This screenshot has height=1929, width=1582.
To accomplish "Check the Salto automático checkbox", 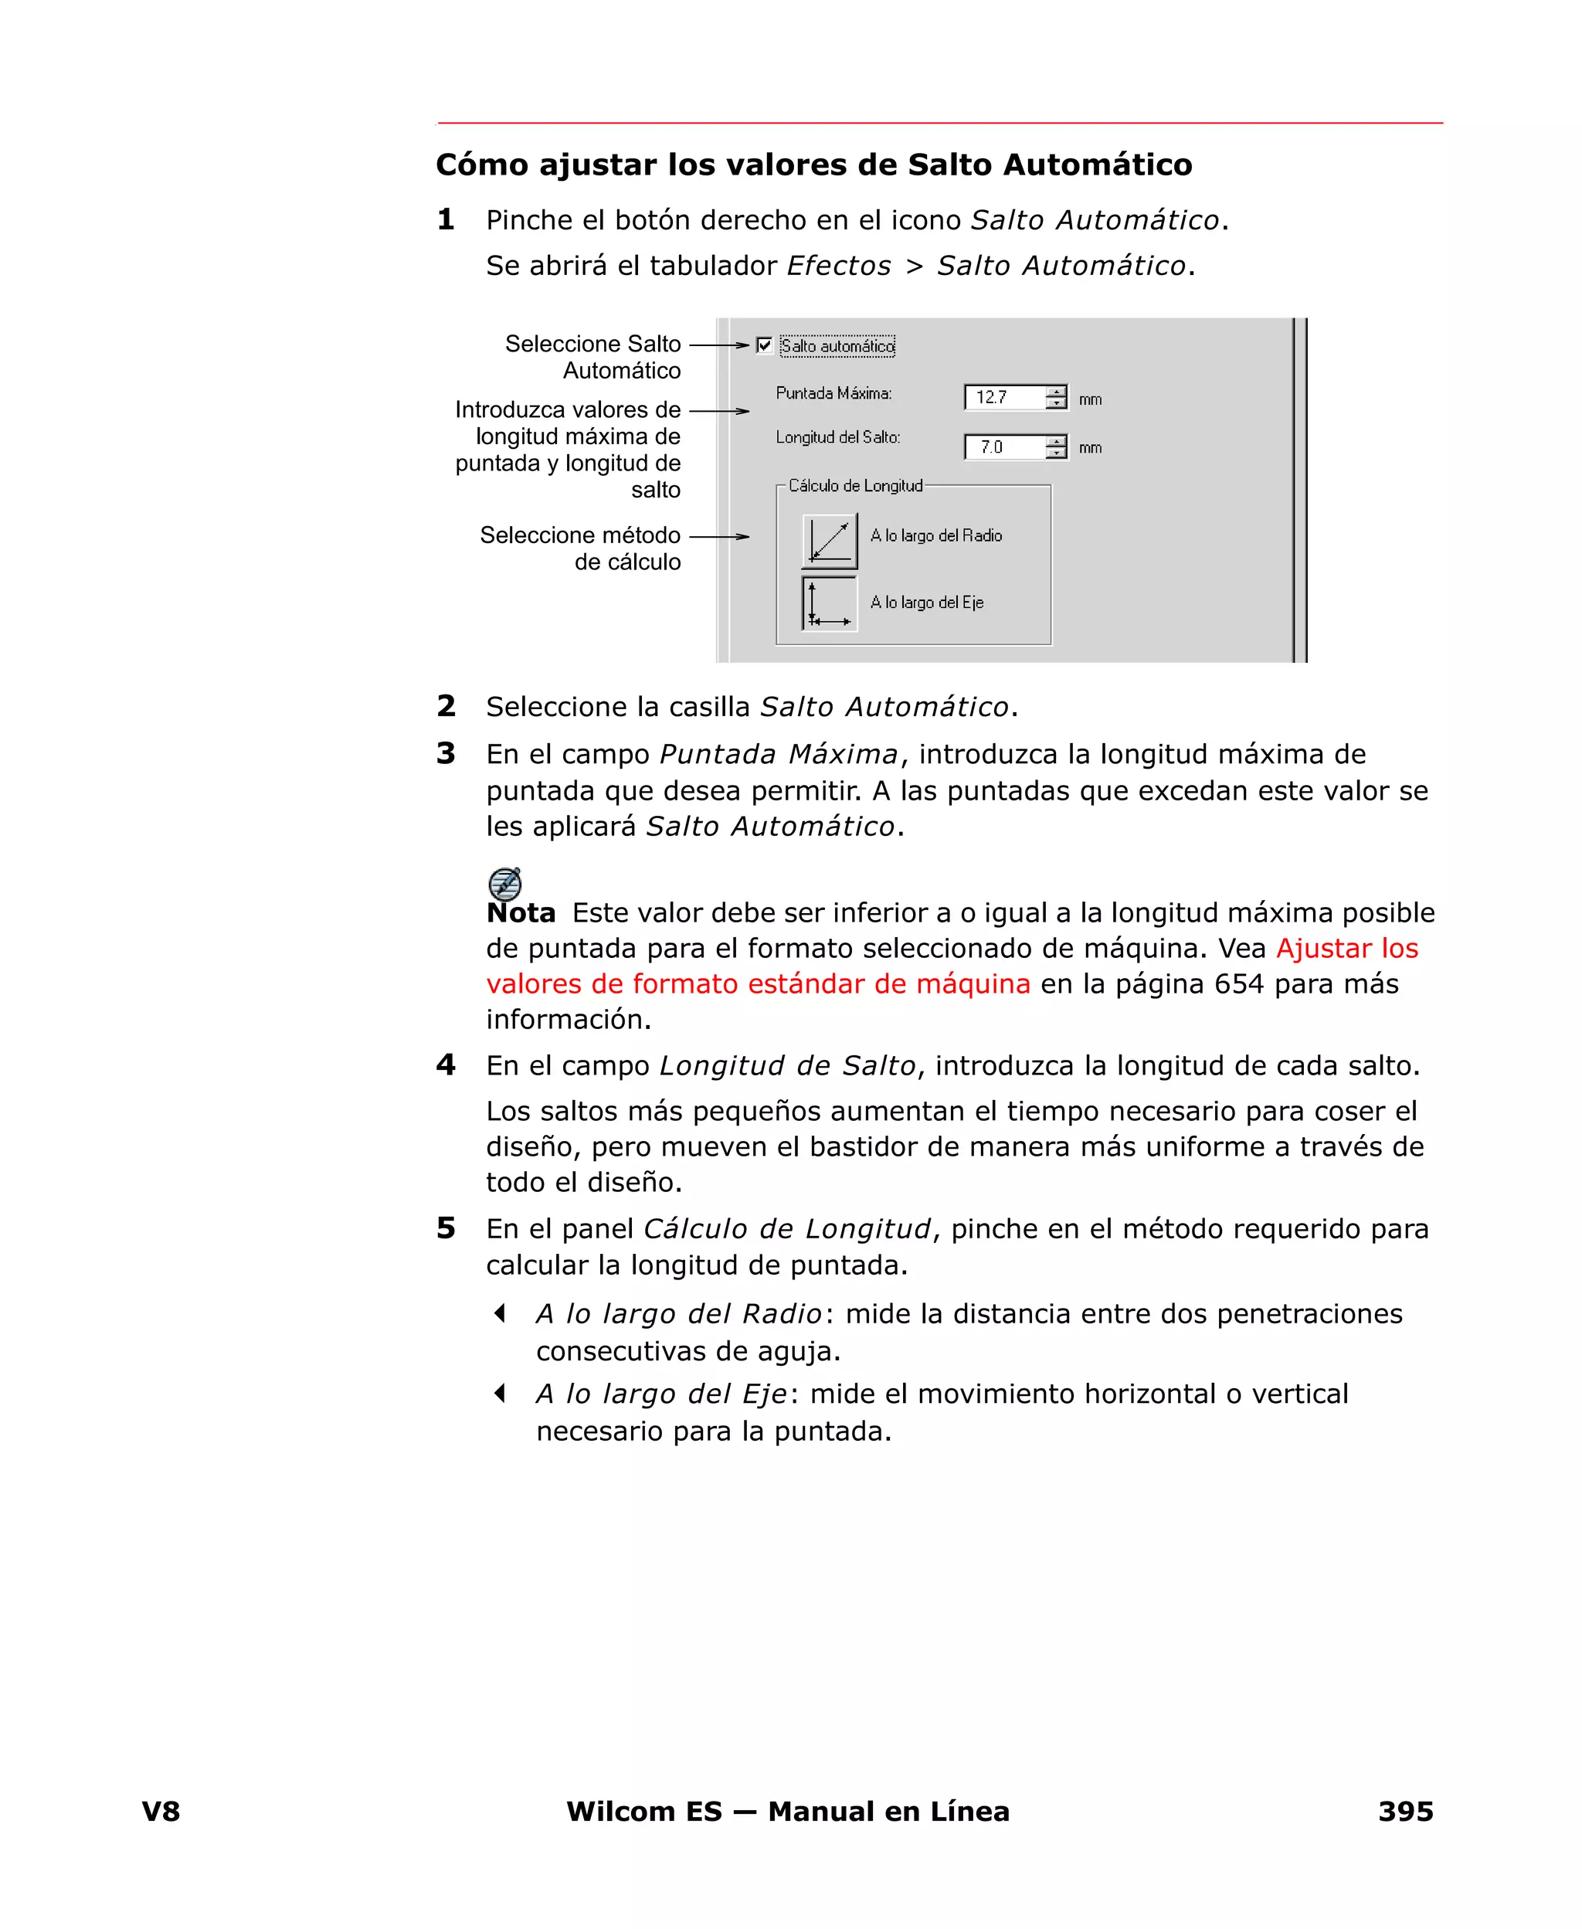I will point(764,345).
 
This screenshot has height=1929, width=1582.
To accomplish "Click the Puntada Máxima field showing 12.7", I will point(1003,397).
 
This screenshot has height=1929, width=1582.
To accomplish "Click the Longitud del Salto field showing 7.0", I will point(1003,447).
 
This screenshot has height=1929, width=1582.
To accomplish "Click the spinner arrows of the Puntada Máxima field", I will point(1055,397).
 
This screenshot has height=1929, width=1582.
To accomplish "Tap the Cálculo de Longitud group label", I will point(855,486).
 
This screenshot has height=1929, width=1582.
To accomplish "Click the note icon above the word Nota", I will point(505,883).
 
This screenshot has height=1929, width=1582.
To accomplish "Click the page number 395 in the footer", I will point(1405,1811).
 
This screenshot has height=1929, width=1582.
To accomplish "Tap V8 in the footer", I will point(161,1811).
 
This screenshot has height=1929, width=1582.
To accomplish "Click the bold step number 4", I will point(446,1065).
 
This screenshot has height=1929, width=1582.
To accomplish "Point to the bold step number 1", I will point(446,219).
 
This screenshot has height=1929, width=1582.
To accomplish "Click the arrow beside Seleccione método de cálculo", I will point(719,537).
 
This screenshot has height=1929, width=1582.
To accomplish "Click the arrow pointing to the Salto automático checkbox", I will point(719,345).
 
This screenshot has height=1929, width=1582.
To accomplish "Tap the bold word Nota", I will point(521,913).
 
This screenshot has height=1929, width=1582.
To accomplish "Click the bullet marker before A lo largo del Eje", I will point(499,1393).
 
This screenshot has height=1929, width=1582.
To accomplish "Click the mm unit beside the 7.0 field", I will point(1090,447).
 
